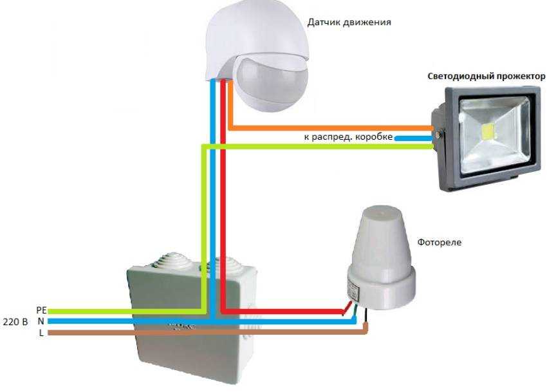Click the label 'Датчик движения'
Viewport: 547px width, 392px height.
[x=358, y=22]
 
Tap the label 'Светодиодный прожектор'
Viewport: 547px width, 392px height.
[x=486, y=76]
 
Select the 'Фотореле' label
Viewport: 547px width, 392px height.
[x=440, y=243]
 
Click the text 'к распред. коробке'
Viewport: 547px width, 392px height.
[x=348, y=137]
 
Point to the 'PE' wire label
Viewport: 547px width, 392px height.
[x=41, y=310]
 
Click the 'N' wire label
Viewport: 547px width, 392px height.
[x=41, y=321]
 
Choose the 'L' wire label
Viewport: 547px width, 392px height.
[x=41, y=332]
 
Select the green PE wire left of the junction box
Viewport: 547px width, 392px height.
[x=90, y=311]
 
